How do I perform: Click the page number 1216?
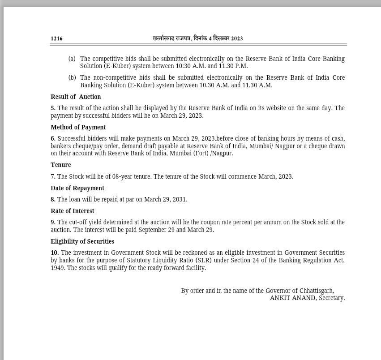[x=57, y=39]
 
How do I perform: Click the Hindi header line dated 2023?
[x=197, y=39]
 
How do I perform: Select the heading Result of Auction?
[x=76, y=97]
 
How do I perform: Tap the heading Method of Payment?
[x=78, y=127]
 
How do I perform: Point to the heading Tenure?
[x=61, y=165]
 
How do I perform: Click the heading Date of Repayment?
[x=77, y=188]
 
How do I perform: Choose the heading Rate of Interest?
[x=73, y=211]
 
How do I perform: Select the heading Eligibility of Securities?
[x=82, y=241]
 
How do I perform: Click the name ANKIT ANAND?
[x=292, y=298]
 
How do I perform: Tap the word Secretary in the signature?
[x=332, y=298]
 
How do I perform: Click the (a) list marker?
[x=72, y=59]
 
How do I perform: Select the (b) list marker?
[x=72, y=77]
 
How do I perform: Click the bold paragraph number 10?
[x=55, y=253]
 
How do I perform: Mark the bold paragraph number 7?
[x=53, y=176]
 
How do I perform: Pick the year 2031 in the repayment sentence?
[x=179, y=199]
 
